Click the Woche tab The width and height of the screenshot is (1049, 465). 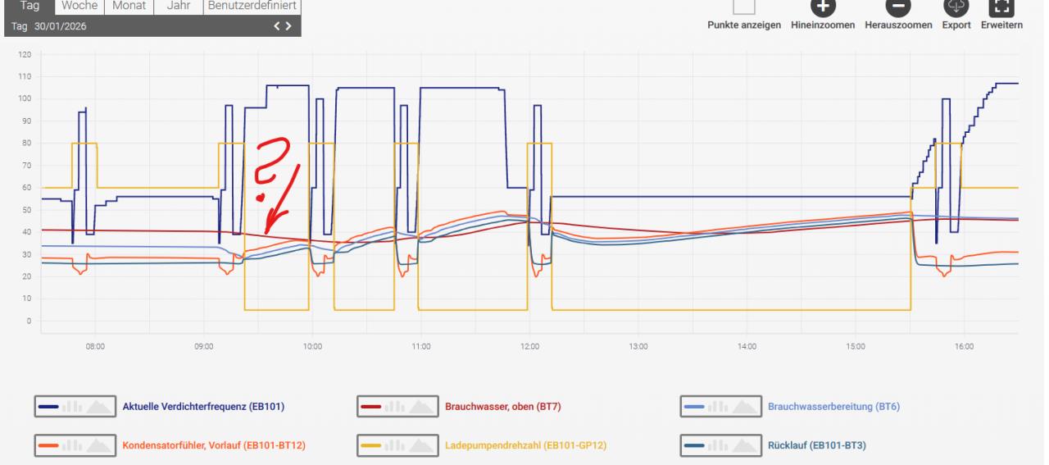[x=79, y=6]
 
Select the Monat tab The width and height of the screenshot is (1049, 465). [x=129, y=6]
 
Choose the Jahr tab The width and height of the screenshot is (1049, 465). [x=179, y=6]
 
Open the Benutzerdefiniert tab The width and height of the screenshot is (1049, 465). [x=252, y=6]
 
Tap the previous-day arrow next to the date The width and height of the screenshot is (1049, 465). [x=277, y=26]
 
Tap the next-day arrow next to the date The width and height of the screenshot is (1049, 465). [x=288, y=26]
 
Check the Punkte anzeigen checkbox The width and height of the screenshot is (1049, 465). [x=743, y=7]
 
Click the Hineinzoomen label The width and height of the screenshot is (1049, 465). [x=822, y=25]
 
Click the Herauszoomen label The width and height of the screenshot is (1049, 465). [x=898, y=25]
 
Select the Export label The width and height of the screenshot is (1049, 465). [x=956, y=25]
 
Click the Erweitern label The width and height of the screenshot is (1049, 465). [x=1001, y=25]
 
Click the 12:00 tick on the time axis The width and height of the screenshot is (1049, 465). [x=529, y=346]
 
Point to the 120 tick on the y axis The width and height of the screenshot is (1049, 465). [x=25, y=54]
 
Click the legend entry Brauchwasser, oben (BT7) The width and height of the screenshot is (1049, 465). [x=503, y=407]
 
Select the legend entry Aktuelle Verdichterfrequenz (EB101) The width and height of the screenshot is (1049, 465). [x=203, y=407]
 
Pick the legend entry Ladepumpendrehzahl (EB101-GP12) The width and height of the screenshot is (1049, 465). [x=525, y=445]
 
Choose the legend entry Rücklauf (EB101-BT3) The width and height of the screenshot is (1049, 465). [x=817, y=445]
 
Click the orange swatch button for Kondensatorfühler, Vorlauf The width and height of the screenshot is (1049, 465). [x=75, y=445]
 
